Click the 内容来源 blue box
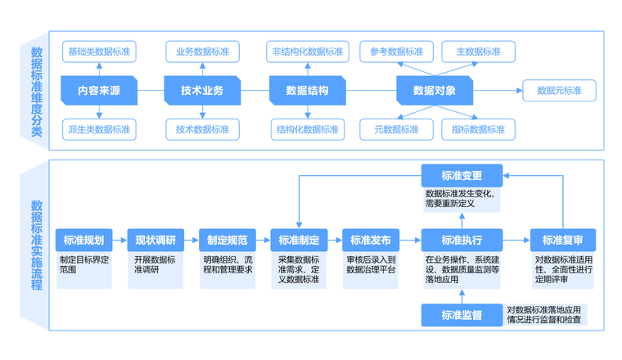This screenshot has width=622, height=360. pyautogui.click(x=99, y=90)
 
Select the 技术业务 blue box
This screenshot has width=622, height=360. pyautogui.click(x=202, y=90)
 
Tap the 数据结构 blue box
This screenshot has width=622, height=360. pyautogui.click(x=307, y=90)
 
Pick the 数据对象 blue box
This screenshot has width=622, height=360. pyautogui.click(x=434, y=90)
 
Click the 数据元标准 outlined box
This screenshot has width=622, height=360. pyautogui.click(x=559, y=90)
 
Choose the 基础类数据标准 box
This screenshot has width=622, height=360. pyautogui.click(x=99, y=52)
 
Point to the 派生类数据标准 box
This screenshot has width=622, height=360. pyautogui.click(x=99, y=128)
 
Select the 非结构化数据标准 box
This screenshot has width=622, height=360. pyautogui.click(x=307, y=52)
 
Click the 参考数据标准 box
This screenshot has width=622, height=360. pyautogui.click(x=396, y=52)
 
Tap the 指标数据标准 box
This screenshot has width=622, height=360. pyautogui.click(x=478, y=128)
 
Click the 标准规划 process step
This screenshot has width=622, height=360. pyautogui.click(x=83, y=241)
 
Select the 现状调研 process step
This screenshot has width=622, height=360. pyautogui.click(x=155, y=241)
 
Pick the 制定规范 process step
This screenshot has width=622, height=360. pyautogui.click(x=228, y=241)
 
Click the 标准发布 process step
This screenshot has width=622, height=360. pyautogui.click(x=371, y=241)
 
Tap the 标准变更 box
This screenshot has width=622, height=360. pyautogui.click(x=462, y=175)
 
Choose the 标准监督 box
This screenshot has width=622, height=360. pyautogui.click(x=462, y=315)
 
